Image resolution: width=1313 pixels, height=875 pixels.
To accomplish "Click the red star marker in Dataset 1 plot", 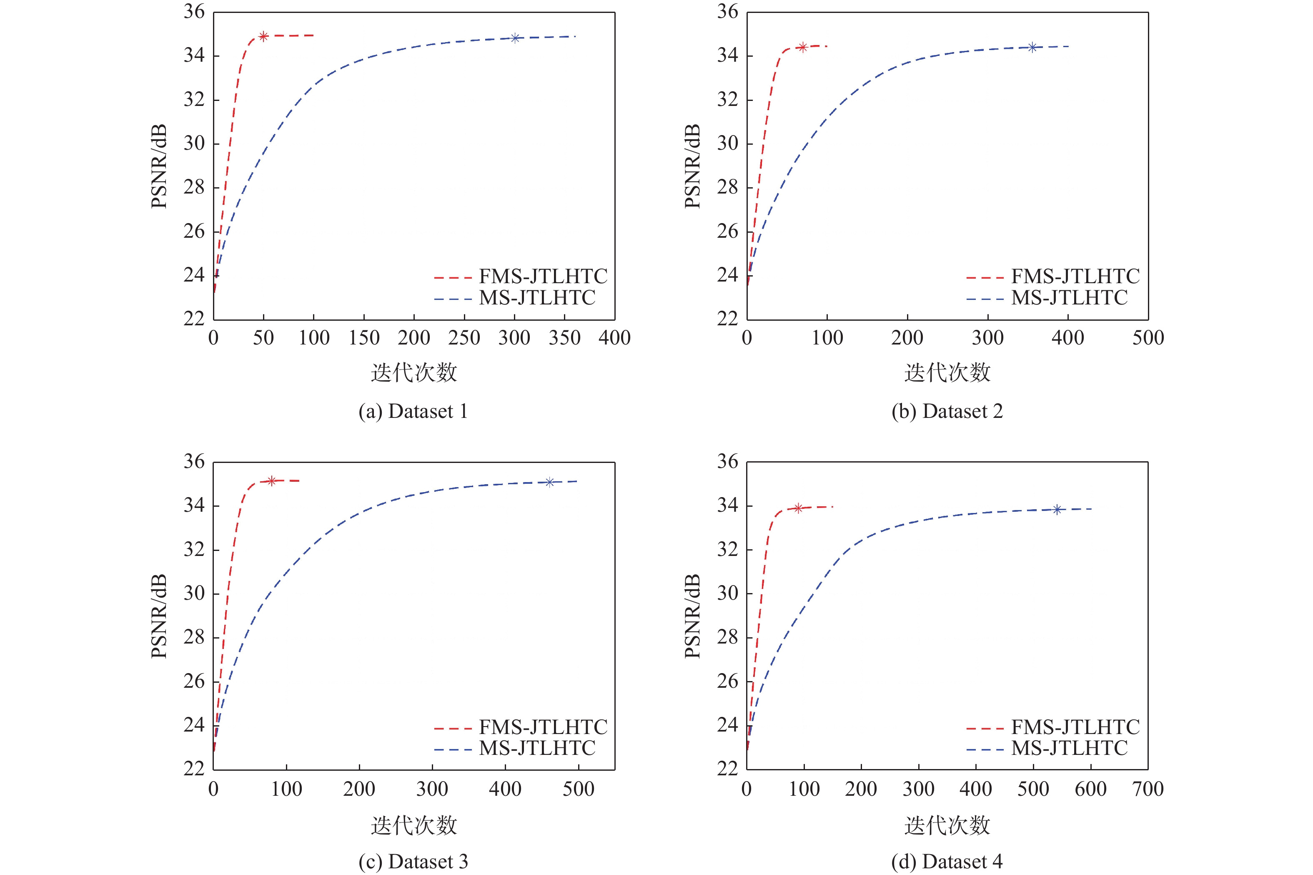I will point(264,36).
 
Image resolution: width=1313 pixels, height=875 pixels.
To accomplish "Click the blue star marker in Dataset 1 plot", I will point(515,38).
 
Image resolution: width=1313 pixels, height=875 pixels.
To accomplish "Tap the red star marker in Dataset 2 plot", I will point(803,47).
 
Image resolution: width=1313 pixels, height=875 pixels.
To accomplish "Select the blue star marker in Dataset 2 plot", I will point(1032,48).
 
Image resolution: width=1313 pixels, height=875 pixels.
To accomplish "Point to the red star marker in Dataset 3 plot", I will point(272,481).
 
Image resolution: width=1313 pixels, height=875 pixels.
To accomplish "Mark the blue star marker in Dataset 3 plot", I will point(549,482).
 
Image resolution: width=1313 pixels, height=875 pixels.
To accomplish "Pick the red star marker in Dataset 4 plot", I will point(798,508).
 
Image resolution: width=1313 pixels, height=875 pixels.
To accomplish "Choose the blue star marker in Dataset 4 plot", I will point(1056,510).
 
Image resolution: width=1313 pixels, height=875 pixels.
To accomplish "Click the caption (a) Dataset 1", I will point(413,411).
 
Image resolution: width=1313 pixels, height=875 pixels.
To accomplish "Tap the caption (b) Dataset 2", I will point(947,411).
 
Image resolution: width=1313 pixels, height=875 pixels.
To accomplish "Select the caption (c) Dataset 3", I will point(413,861).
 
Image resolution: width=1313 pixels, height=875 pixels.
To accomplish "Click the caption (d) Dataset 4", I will point(947,861).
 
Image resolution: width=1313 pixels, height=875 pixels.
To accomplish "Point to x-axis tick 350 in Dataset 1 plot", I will point(564,337).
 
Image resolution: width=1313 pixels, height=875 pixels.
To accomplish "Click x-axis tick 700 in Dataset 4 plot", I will point(1148,789).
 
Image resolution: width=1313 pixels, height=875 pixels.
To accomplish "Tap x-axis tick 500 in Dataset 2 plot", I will point(1148,337).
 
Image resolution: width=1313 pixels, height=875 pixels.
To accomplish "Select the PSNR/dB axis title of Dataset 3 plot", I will point(159,616).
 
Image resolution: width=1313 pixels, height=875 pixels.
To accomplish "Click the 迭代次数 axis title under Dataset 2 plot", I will point(947,372).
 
